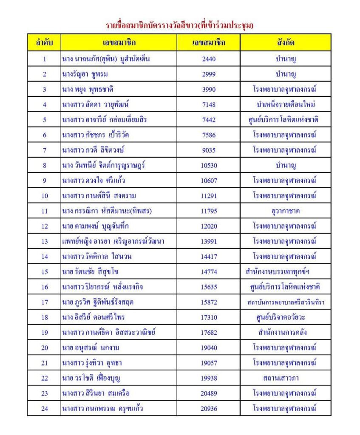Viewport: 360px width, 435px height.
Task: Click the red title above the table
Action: (179, 25)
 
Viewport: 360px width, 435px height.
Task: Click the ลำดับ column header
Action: (44, 42)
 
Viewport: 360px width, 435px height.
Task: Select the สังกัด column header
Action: (285, 42)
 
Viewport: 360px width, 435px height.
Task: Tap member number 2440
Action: (209, 59)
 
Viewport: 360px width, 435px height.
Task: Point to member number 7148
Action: (209, 105)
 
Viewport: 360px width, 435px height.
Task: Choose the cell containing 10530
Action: (209, 165)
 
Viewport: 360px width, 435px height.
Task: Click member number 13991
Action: (209, 241)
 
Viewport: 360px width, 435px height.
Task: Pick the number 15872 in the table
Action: (209, 302)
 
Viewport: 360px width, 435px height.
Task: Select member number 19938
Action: (209, 378)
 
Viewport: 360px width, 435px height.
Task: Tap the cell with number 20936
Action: (209, 409)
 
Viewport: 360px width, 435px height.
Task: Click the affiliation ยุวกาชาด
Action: (285, 211)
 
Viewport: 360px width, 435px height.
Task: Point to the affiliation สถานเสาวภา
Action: (285, 378)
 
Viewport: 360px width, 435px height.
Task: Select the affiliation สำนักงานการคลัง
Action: (285, 333)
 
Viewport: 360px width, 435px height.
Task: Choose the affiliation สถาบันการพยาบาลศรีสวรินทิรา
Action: (285, 302)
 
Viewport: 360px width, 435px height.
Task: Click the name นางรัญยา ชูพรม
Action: (85, 74)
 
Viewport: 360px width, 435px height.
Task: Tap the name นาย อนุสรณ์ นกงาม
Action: (90, 348)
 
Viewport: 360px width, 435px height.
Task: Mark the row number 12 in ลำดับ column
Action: (44, 226)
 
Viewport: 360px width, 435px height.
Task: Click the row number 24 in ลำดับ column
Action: (44, 409)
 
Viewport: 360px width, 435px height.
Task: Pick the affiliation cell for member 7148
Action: (285, 105)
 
